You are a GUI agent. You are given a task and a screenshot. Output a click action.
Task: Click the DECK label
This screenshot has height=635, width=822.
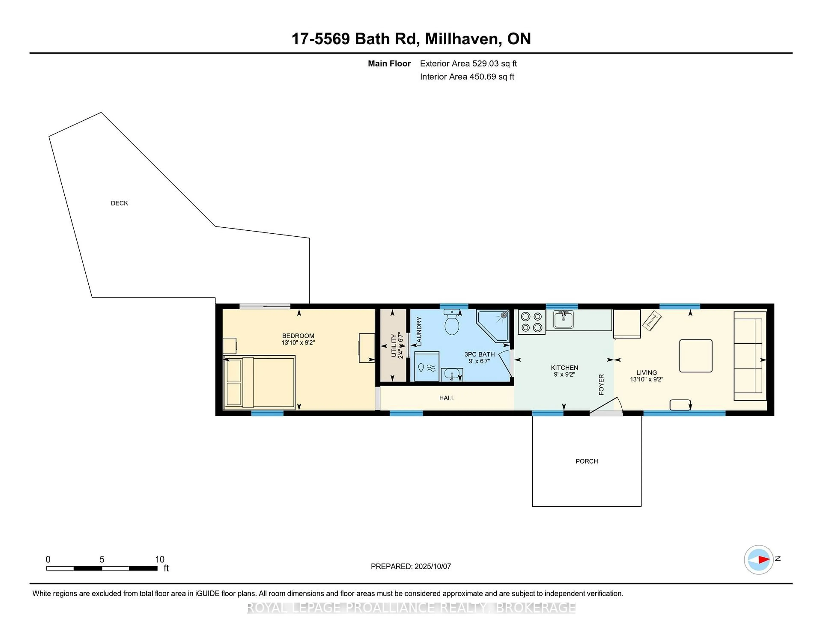(119, 203)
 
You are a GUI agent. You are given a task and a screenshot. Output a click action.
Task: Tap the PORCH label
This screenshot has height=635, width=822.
(586, 461)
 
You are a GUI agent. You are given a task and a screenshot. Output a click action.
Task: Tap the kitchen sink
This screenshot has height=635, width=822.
(563, 320)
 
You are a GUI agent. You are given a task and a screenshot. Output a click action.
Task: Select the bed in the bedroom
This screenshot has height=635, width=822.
(259, 382)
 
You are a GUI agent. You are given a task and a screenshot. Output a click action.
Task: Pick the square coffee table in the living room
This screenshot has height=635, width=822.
(695, 356)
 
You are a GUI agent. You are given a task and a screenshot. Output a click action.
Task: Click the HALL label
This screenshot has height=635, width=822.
(447, 398)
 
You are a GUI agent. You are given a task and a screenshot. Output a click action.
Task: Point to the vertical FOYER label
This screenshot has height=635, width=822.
(601, 384)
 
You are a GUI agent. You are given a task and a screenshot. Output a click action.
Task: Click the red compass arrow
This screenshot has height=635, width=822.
(764, 559)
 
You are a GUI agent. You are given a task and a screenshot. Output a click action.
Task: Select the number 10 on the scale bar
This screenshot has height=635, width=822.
(159, 559)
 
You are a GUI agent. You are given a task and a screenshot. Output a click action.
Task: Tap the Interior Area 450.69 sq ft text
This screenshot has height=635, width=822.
(467, 77)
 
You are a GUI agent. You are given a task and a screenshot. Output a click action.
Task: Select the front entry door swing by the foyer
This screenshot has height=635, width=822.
(606, 406)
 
